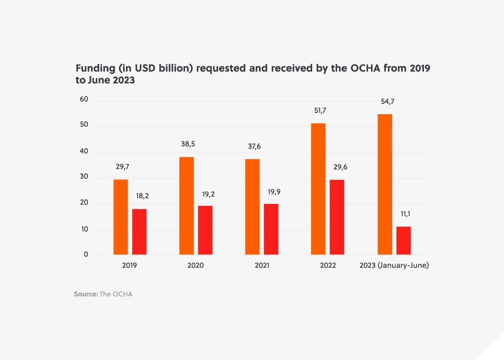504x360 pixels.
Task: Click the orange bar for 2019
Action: [x=120, y=217]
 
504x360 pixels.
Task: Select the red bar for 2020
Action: [x=205, y=230]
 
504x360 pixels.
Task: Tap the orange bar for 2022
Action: [x=318, y=189]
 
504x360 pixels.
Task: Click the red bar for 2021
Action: [x=271, y=229]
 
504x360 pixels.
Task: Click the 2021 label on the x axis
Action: [x=262, y=266]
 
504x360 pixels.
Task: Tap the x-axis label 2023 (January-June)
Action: [x=394, y=266]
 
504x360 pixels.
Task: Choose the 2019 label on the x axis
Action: [x=129, y=266]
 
